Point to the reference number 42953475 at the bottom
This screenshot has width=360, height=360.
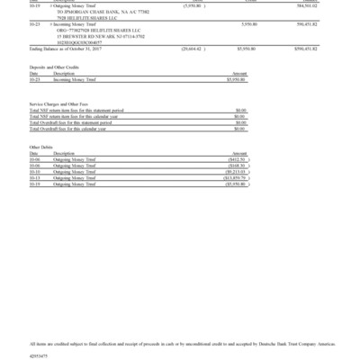(x=40, y=355)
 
